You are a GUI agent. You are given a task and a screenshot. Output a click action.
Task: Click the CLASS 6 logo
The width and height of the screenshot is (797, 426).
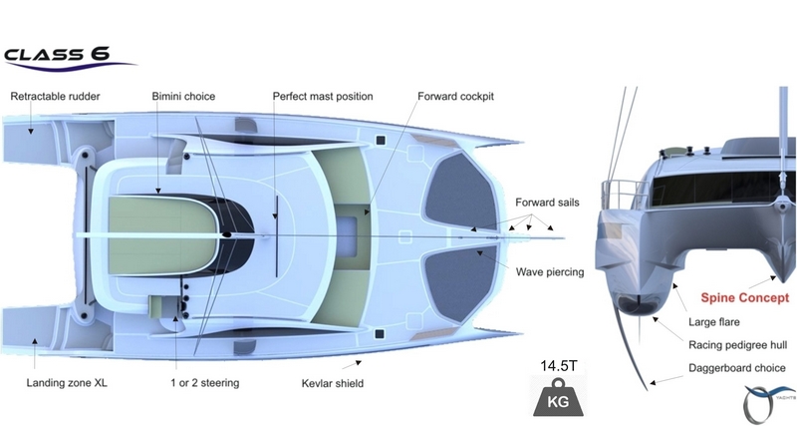pyautogui.click(x=66, y=56)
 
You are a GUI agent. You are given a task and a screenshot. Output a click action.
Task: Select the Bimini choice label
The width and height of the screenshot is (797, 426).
pyautogui.click(x=183, y=97)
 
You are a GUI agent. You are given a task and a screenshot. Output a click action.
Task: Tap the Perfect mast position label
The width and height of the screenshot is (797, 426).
pyautogui.click(x=323, y=97)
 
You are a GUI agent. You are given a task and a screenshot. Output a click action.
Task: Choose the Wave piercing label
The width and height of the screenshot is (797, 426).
pyautogui.click(x=550, y=271)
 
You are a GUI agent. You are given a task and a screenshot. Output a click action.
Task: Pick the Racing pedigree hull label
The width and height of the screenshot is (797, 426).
pyautogui.click(x=738, y=345)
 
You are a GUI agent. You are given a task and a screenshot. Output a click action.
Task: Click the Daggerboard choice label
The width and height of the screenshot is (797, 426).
pyautogui.click(x=738, y=367)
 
